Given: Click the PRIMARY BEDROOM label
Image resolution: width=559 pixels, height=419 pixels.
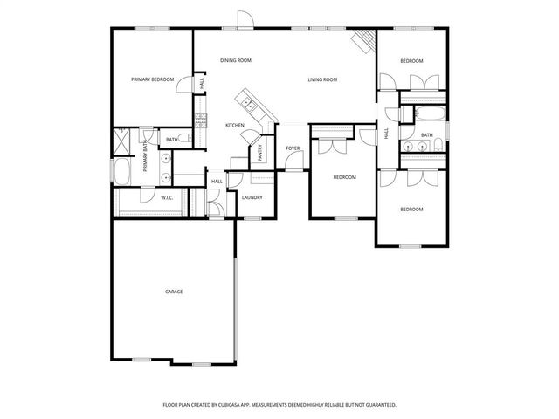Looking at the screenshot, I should click(153, 79).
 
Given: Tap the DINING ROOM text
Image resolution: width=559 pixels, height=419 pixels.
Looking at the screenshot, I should click(235, 60).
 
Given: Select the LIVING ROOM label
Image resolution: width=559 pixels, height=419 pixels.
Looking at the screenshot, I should click(322, 79).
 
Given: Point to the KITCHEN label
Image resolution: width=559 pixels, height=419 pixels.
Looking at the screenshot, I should click(235, 126).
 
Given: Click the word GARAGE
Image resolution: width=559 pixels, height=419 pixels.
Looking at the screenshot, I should click(174, 291).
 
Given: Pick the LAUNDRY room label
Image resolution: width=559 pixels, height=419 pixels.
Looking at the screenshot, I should click(252, 197).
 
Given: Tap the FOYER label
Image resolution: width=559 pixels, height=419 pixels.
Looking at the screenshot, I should click(293, 148).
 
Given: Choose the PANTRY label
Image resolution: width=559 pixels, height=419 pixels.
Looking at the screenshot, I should click(260, 153).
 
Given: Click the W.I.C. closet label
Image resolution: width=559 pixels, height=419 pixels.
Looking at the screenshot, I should click(166, 198).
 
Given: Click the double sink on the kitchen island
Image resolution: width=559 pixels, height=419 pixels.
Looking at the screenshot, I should click(249, 104).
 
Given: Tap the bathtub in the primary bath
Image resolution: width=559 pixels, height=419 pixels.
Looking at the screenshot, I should click(122, 170).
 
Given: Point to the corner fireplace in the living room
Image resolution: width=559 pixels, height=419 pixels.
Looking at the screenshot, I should click(363, 39).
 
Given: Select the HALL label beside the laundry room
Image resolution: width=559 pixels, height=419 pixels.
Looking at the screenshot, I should click(217, 182).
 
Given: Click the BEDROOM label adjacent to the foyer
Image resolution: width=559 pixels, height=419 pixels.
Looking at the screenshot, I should click(345, 177).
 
